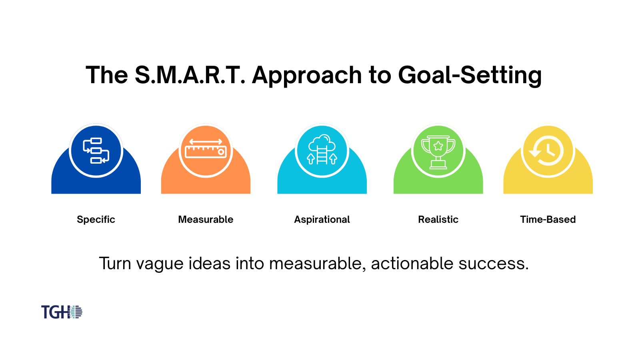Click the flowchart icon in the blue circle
click(x=96, y=150)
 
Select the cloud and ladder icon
click(x=322, y=150)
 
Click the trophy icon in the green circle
click(x=438, y=151)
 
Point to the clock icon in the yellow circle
click(x=548, y=151)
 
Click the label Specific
click(x=96, y=220)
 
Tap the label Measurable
click(x=206, y=220)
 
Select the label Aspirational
click(x=322, y=220)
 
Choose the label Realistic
click(x=438, y=220)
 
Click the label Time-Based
click(x=548, y=220)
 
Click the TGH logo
click(x=62, y=312)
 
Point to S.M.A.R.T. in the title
click(x=190, y=75)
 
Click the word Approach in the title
click(x=307, y=75)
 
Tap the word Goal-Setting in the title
click(x=470, y=75)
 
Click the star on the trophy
click(x=438, y=146)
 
